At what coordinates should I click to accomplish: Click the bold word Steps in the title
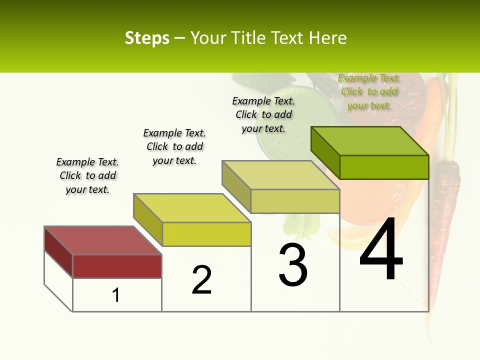pyautogui.click(x=147, y=38)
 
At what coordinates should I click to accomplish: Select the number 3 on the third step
pyautogui.click(x=293, y=265)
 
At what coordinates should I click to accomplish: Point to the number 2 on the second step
pyautogui.click(x=202, y=280)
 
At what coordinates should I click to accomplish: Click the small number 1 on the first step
pyautogui.click(x=116, y=295)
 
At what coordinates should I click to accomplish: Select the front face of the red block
pyautogui.click(x=117, y=266)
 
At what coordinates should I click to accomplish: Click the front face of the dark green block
pyautogui.click(x=384, y=167)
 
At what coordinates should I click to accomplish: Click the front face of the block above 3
pyautogui.click(x=295, y=201)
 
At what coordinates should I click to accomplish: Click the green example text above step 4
pyautogui.click(x=369, y=91)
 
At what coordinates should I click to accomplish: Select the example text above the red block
pyautogui.click(x=87, y=175)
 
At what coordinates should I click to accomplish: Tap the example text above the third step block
pyautogui.click(x=263, y=114)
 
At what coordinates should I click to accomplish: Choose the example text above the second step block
pyautogui.click(x=174, y=146)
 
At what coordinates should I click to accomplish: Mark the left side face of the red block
pyautogui.click(x=58, y=252)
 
